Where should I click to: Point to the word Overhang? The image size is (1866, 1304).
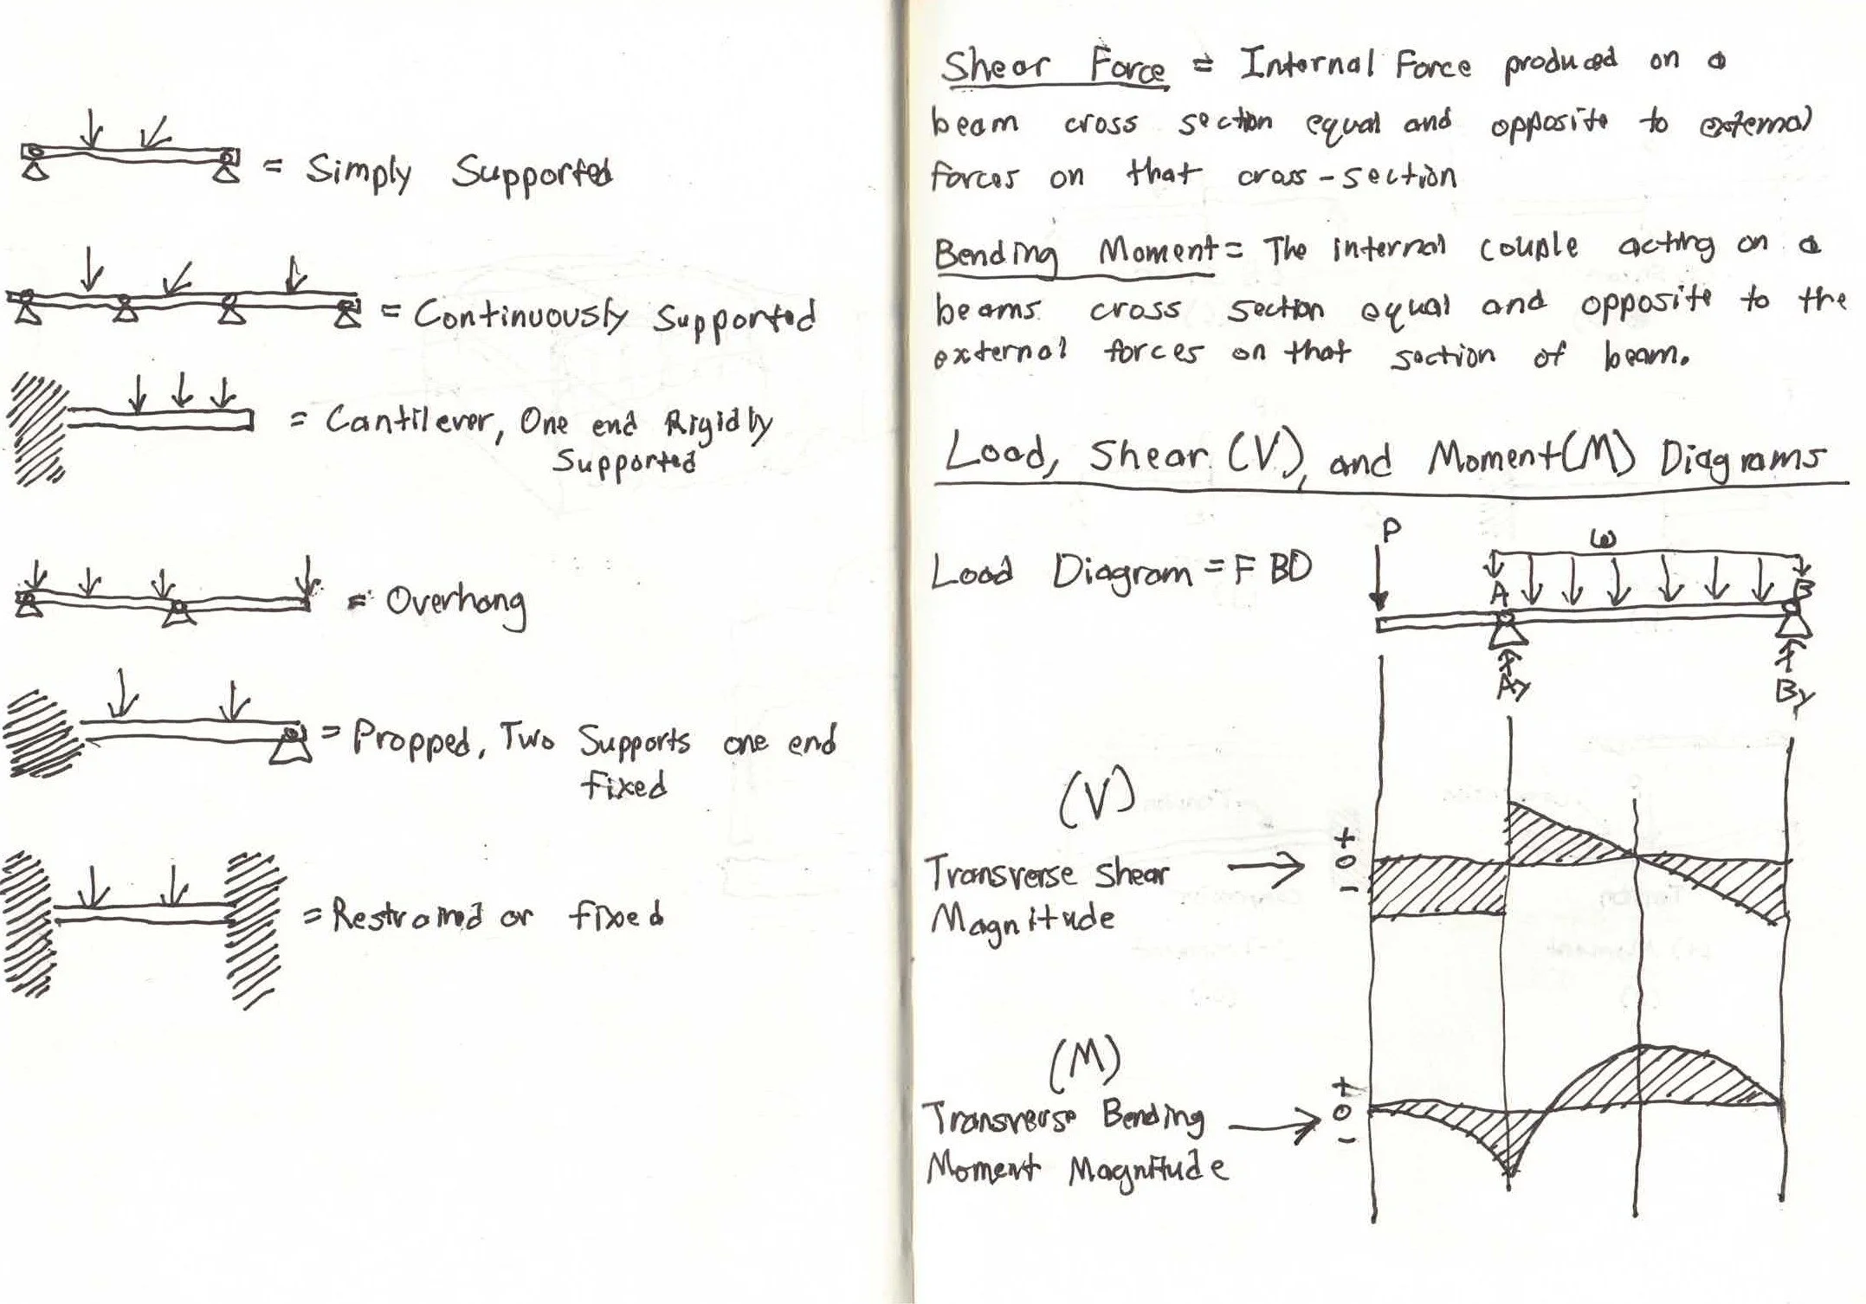click(x=455, y=604)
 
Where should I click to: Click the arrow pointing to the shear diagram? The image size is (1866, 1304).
click(x=1265, y=867)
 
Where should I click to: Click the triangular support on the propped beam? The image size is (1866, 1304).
click(x=290, y=746)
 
